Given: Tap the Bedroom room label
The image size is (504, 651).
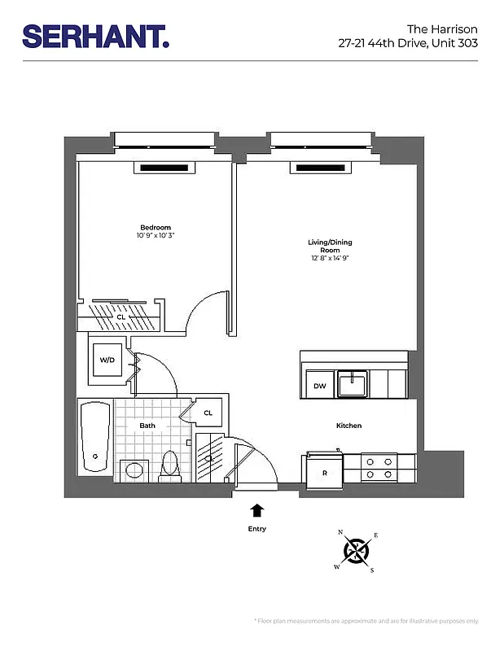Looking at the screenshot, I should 156,227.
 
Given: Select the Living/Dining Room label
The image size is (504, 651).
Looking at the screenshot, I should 329,246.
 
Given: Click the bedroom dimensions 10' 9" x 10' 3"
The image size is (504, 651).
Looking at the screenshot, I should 156,235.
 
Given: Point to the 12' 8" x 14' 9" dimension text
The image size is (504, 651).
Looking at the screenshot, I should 329,258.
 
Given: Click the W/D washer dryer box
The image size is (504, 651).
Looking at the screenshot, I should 107,359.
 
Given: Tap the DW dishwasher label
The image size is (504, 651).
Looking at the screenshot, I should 319,386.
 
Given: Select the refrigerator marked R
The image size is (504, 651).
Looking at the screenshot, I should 324,472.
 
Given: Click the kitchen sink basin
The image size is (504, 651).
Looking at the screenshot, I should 354,383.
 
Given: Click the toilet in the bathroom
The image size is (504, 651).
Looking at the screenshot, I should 171,465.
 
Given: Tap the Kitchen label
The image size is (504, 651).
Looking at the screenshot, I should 348,426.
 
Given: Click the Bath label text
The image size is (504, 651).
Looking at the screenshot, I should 147,425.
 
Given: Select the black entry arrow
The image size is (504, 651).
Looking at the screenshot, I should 257,511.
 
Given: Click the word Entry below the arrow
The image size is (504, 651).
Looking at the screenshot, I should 257,529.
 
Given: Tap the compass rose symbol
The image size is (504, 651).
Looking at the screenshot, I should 357,551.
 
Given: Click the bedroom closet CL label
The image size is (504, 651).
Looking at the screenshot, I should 121,316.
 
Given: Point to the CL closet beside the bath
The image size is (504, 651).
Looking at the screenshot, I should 208,413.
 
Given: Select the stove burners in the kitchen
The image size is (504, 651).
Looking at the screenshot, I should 379,467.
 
